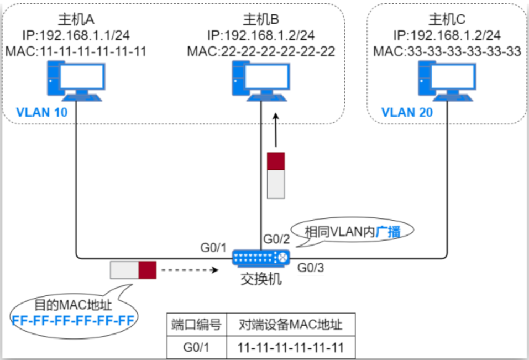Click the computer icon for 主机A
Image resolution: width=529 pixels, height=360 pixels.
tap(75, 82)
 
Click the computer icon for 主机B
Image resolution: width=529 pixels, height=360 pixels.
tap(260, 82)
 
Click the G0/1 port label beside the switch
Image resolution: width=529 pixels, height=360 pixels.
tap(213, 246)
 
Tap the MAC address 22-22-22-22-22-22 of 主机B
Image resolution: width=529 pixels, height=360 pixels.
tap(261, 52)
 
